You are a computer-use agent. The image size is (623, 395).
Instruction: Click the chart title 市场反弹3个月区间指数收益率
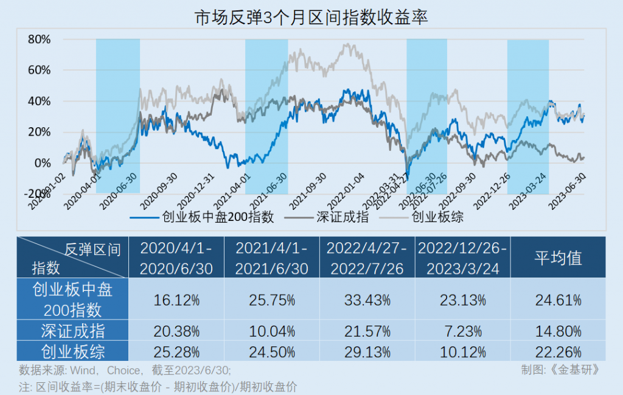click(311, 17)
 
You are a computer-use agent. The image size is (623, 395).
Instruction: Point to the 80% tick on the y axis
click(38, 40)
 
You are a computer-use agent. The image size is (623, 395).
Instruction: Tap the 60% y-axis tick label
click(38, 70)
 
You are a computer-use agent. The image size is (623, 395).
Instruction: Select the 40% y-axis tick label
click(38, 101)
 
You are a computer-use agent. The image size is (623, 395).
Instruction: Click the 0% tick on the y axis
click(43, 163)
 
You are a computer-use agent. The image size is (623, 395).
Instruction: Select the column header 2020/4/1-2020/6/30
click(176, 257)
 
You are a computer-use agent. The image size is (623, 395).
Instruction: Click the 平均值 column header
click(558, 257)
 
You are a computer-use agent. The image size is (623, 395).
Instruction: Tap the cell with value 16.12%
click(176, 299)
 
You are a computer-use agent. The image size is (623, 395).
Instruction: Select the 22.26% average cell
click(558, 352)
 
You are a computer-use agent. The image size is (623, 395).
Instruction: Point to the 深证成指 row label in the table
click(72, 332)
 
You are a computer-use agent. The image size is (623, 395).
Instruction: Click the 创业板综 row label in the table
click(72, 352)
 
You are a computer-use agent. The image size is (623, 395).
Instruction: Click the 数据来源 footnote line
click(125, 370)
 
